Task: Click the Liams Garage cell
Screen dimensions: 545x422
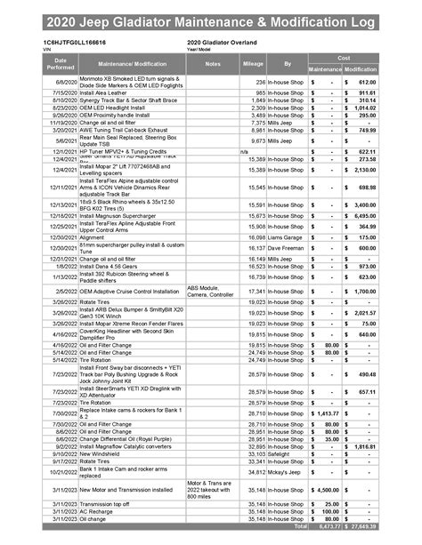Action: [286, 238]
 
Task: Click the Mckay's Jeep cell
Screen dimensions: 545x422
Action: [284, 474]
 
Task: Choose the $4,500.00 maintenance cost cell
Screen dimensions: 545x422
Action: [325, 489]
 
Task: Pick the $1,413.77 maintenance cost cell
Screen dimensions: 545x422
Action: [325, 413]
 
